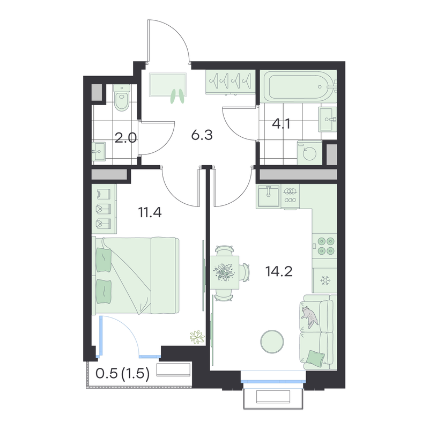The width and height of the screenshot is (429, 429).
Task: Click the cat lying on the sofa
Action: coord(309,317)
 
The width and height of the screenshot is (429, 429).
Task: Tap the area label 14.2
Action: coord(279,271)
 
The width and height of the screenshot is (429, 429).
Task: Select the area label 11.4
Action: coord(150,212)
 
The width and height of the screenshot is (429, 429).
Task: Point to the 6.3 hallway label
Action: coord(202,135)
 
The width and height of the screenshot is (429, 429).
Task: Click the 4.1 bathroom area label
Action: coord(281,124)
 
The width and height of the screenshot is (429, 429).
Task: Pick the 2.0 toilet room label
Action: coord(125,138)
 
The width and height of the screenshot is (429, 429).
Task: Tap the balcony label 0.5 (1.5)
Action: coord(123,373)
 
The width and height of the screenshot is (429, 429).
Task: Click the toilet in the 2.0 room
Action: coord(122,98)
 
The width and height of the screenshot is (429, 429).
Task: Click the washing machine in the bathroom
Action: coord(310,153)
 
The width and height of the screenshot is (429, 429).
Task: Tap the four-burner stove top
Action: coord(325,246)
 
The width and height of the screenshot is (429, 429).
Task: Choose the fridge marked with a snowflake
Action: coord(325,280)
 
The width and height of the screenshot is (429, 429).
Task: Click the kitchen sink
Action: coord(268,196)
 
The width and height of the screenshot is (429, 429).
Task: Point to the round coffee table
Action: coord(272,342)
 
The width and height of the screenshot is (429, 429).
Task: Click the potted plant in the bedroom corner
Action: coord(197,337)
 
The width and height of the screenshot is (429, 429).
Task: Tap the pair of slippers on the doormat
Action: coord(177,97)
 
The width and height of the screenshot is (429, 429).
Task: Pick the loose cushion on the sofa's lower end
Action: coord(315,358)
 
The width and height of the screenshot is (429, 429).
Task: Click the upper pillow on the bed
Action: coord(103,260)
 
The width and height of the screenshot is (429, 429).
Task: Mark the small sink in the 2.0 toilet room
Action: coord(99,151)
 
